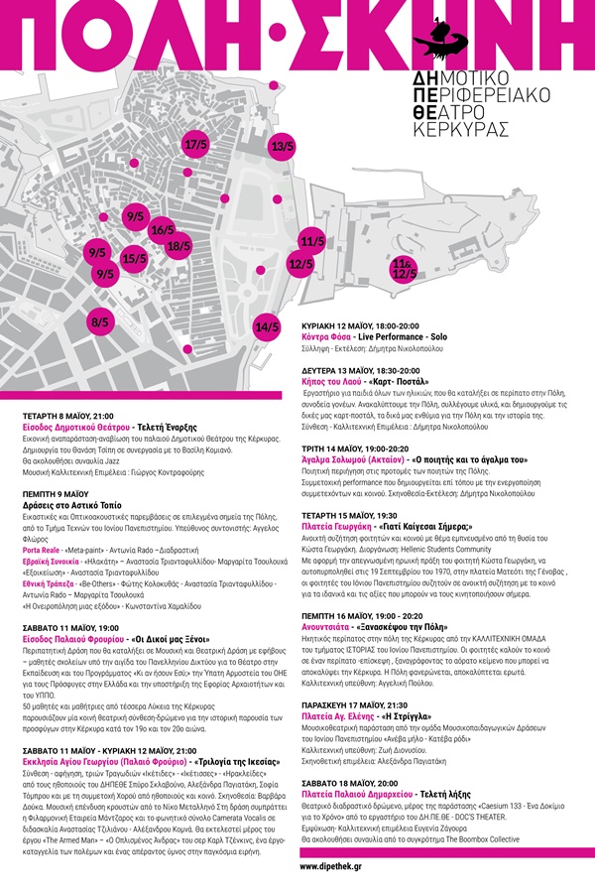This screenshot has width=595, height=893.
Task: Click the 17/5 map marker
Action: pyautogui.click(x=196, y=145)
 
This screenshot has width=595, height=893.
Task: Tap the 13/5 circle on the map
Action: pyautogui.click(x=283, y=147)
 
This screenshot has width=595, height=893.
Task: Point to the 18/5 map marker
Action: pyautogui.click(x=178, y=246)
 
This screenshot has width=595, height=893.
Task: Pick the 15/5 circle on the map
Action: pyautogui.click(x=134, y=259)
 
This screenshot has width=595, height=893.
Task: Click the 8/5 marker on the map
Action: pyautogui.click(x=99, y=321)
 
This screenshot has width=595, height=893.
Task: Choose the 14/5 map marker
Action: pyautogui.click(x=267, y=326)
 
